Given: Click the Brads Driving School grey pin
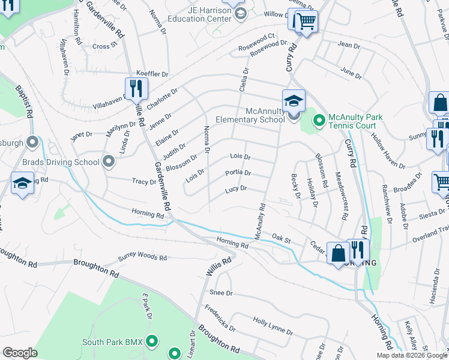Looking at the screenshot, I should point(109,161).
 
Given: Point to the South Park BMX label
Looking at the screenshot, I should point(112,342).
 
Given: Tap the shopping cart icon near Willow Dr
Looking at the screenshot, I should point(306,22).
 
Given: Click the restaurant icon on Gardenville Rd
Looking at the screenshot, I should point(136,89).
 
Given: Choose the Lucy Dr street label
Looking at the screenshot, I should point(236,189).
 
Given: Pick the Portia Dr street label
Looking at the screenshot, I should point(238,173).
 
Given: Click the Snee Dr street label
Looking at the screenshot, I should point(221,293).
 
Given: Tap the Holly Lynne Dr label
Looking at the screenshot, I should point(273,326).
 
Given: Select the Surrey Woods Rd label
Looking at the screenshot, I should point(142,257).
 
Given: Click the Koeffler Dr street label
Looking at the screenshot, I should point(152,73).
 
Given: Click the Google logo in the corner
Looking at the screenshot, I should point(20,353).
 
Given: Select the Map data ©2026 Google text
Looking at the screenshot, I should point(412,355).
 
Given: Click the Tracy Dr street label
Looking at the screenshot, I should point(144,181).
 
